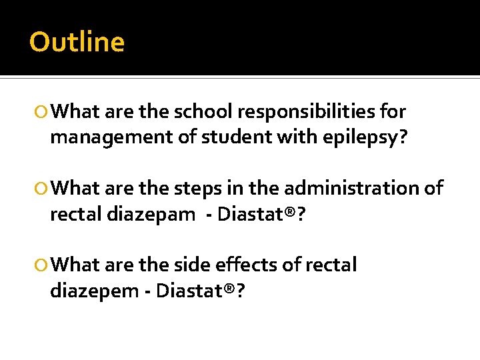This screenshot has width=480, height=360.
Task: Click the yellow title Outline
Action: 77,42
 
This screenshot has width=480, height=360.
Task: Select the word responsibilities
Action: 311,111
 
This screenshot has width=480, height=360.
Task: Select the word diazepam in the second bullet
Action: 147,215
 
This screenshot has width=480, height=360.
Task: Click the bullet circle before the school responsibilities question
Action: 41,112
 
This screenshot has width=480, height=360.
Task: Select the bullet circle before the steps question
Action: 41,189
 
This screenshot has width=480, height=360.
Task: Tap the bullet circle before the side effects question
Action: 41,265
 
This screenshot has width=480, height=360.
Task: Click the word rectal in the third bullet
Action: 331,265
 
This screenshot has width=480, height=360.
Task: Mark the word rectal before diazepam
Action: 73,215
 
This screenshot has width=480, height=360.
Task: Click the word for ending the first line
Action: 392,111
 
